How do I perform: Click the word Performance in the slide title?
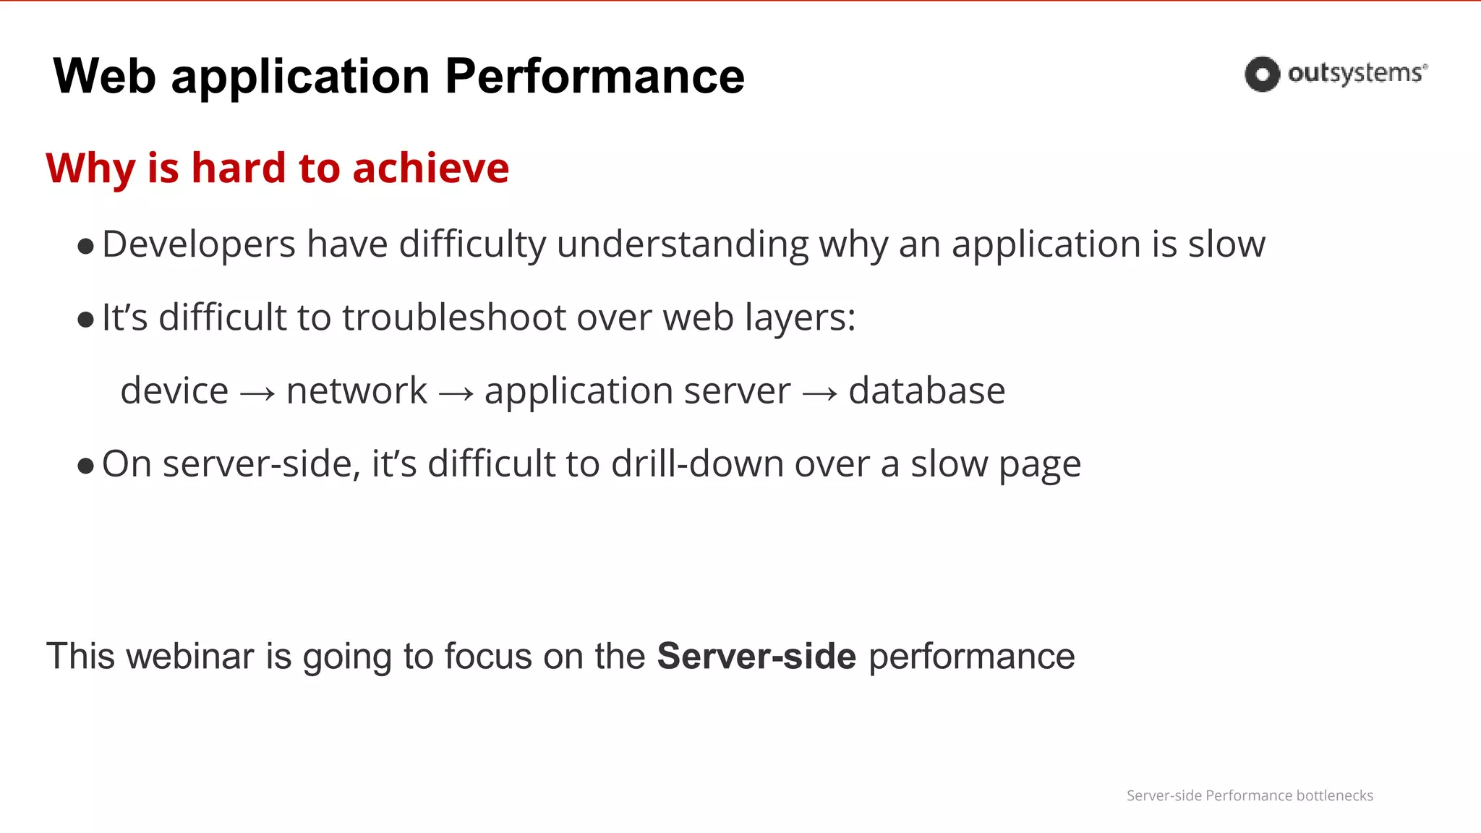(594, 77)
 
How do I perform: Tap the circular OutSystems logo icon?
(1262, 74)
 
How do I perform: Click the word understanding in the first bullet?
(682, 244)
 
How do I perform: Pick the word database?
(926, 391)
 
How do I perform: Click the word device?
(174, 391)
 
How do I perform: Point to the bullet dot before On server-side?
(85, 466)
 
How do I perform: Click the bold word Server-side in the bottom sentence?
(756, 657)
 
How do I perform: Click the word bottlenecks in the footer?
(1334, 795)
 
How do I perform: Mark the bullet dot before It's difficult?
(85, 320)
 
